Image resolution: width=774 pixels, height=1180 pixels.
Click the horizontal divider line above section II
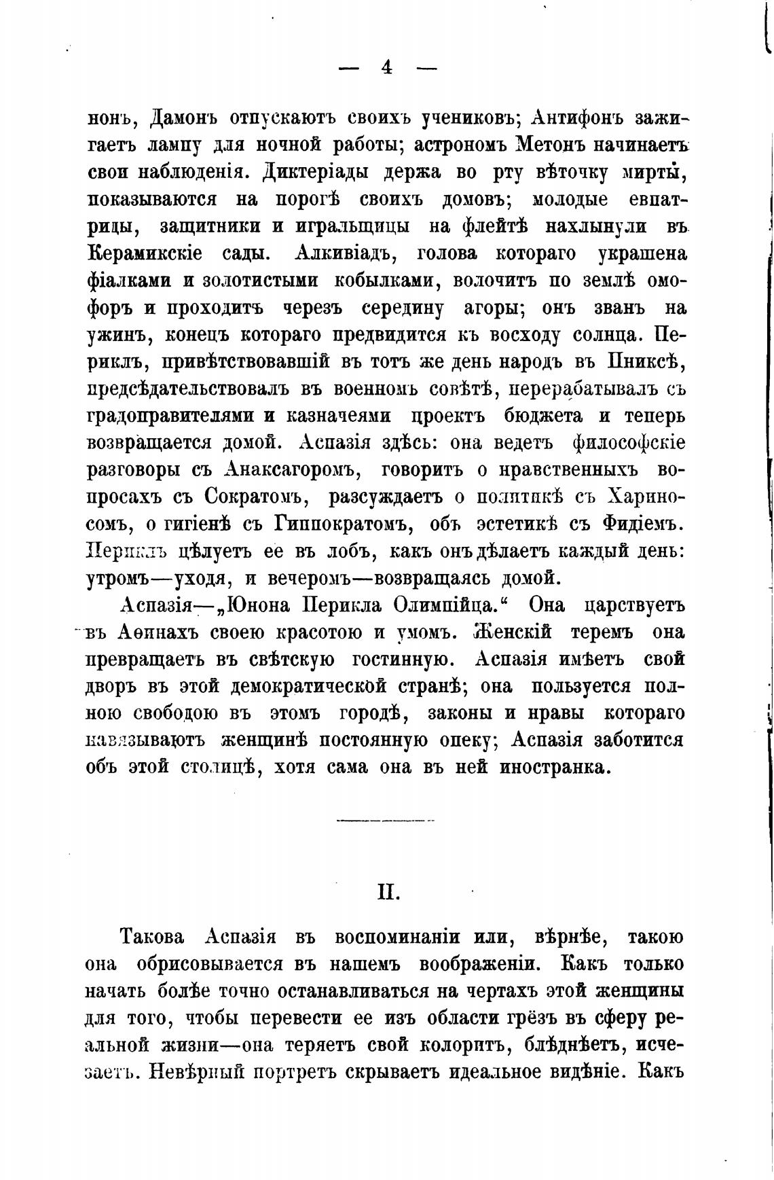[386, 821]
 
